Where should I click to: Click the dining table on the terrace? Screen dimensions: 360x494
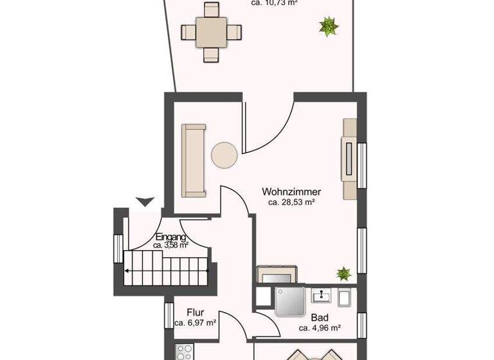[x=212, y=32]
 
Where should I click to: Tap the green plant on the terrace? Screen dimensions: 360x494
[x=329, y=26]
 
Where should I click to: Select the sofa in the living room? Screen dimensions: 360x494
[x=193, y=161]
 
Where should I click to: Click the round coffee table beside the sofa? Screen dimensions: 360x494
[x=224, y=155]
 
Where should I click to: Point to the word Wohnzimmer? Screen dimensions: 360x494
[x=291, y=192]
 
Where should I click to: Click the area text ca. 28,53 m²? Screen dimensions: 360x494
[x=291, y=202]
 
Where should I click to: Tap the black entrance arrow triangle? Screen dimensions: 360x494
[x=145, y=201]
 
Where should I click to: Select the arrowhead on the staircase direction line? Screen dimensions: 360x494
[x=127, y=271]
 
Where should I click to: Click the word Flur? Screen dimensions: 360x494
[x=195, y=312]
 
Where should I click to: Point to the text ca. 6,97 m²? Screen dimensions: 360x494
[x=195, y=323]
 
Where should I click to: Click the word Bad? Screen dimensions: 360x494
[x=319, y=318]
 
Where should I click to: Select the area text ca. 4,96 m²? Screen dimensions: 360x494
[x=319, y=328]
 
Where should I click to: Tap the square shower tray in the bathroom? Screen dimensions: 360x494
[x=291, y=300]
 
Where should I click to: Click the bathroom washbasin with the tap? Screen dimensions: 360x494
[x=320, y=296]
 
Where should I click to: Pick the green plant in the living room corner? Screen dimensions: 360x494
[x=343, y=273]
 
